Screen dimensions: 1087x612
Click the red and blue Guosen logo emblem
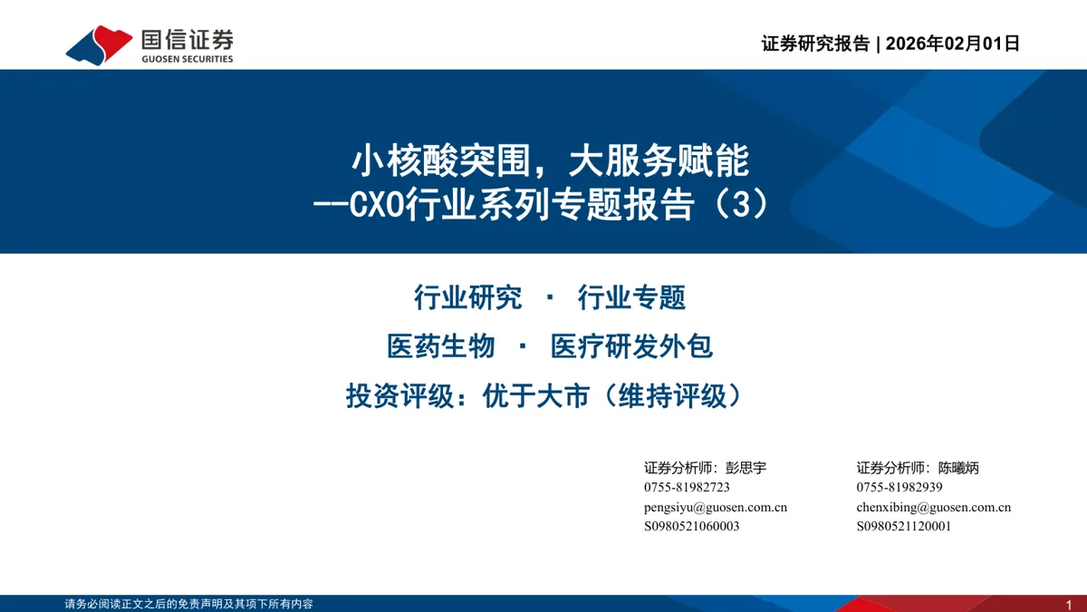[99, 44]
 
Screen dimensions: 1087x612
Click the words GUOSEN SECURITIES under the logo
[188, 59]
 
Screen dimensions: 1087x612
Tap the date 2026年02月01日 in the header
[953, 44]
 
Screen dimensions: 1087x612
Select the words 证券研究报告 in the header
[815, 44]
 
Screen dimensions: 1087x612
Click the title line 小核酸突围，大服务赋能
[551, 160]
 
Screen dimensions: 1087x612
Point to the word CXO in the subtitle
[377, 204]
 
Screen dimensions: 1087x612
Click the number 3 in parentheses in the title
[741, 204]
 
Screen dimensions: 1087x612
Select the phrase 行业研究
[467, 297]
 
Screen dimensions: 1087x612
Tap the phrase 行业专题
[631, 297]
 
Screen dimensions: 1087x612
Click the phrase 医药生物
[440, 346]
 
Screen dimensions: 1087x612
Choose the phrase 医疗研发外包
[631, 346]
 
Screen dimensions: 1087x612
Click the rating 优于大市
[536, 395]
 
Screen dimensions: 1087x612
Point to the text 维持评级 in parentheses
[672, 395]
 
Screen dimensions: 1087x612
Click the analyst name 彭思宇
[746, 468]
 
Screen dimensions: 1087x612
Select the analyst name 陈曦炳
[958, 468]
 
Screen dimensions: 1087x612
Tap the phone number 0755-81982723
[687, 487]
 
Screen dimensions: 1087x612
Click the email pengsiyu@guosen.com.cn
[716, 507]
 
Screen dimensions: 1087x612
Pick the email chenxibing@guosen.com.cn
[934, 507]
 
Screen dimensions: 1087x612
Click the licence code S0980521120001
[904, 526]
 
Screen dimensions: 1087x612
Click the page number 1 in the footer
[1069, 605]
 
